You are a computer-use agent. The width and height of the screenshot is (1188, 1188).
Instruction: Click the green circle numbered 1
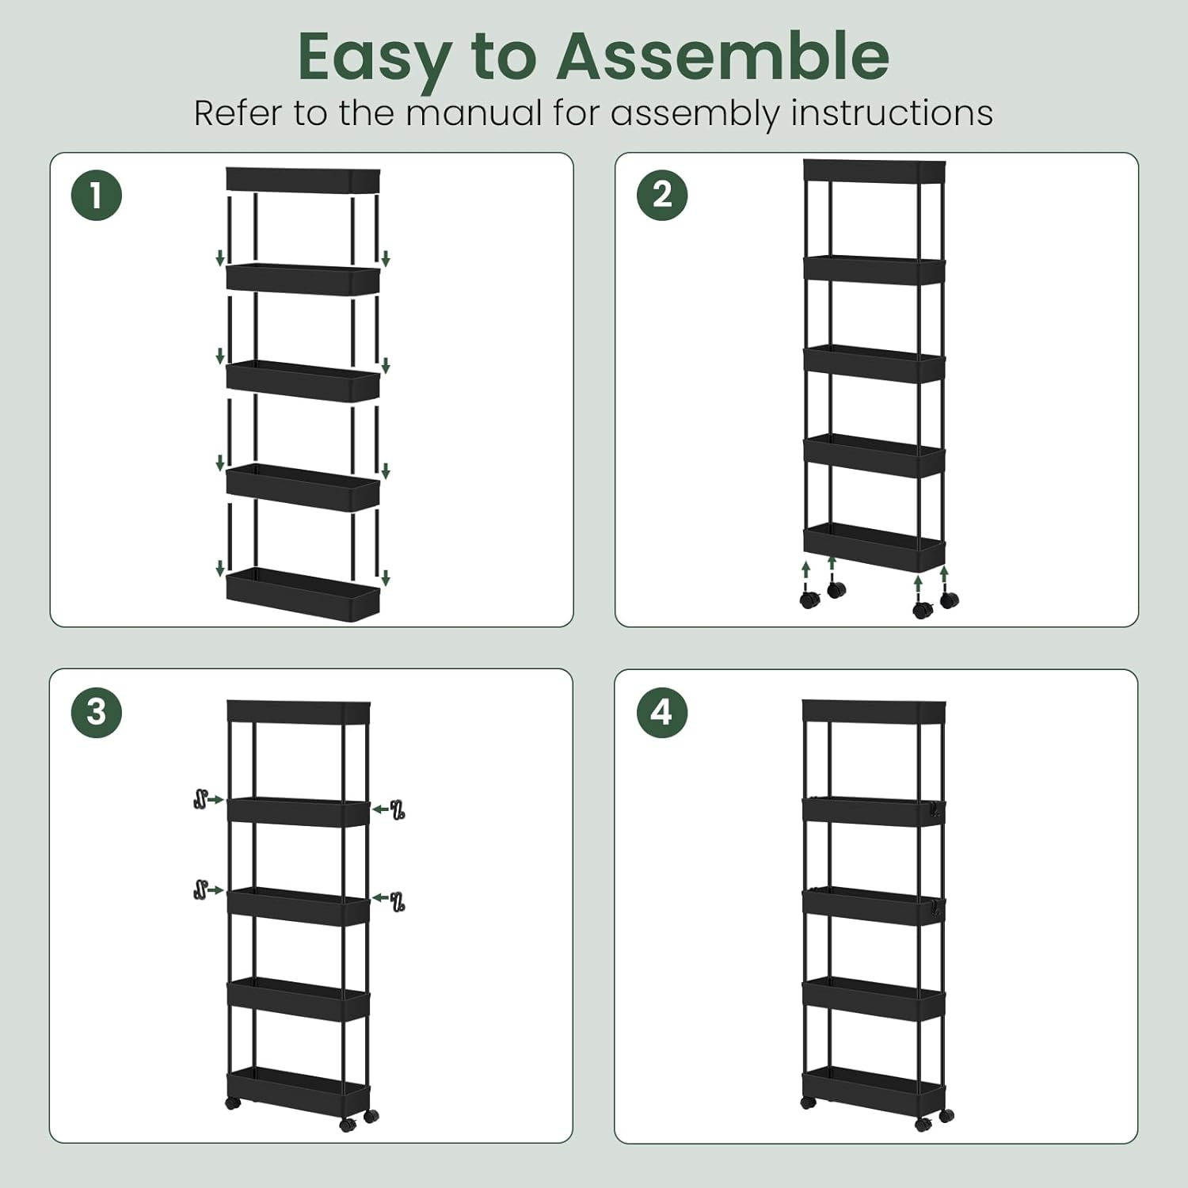tap(97, 195)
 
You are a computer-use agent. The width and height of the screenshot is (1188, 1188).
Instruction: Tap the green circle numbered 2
tap(662, 195)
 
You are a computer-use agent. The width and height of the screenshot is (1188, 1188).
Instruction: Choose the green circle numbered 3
tap(97, 711)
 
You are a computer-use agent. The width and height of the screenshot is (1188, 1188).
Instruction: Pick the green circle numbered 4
tap(662, 712)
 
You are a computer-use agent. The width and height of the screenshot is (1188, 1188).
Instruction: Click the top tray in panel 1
tap(303, 180)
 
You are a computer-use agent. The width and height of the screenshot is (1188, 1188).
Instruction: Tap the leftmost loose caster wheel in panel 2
tap(809, 599)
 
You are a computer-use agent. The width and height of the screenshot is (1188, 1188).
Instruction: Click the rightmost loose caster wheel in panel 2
tap(949, 599)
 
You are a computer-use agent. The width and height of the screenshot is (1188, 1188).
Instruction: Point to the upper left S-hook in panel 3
tap(200, 799)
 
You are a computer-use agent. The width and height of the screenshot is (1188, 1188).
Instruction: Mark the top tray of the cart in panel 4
tap(874, 710)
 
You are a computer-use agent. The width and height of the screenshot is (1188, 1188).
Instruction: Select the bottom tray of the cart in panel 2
tap(874, 544)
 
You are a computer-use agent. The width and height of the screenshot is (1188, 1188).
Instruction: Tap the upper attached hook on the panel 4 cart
tap(938, 810)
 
